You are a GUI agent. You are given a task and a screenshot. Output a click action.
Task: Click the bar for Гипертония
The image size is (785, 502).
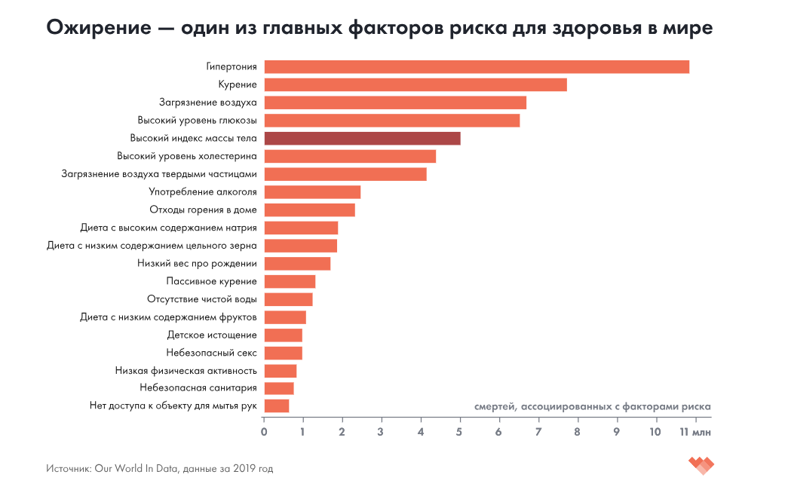[477, 67]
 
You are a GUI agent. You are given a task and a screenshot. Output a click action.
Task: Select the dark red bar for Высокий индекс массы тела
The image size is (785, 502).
[362, 139]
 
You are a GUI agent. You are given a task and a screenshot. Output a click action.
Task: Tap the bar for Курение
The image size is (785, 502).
[415, 85]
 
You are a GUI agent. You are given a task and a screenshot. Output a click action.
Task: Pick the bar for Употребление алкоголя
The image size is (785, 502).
[312, 192]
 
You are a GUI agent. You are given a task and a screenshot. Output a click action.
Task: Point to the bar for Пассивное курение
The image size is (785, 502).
[290, 282]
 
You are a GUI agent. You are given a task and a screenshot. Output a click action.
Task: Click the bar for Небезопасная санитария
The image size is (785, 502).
[279, 388]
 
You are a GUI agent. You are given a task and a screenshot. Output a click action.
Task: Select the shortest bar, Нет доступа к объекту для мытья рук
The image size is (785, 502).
[277, 406]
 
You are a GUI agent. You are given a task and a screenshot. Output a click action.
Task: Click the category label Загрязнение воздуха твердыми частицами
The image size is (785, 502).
[159, 174]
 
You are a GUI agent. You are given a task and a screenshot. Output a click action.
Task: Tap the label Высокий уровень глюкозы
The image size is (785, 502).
[197, 121]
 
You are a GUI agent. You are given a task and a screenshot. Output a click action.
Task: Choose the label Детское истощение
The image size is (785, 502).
[212, 335]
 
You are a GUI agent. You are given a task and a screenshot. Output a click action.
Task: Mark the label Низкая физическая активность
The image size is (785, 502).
[186, 371]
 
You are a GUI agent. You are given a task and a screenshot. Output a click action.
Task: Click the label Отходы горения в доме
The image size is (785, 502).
[203, 210]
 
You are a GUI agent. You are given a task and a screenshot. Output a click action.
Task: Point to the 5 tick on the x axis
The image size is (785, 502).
[459, 433]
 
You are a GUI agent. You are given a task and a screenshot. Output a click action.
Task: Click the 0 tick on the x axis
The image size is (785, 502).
[264, 433]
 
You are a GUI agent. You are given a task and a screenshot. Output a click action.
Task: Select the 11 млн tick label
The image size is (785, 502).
[695, 433]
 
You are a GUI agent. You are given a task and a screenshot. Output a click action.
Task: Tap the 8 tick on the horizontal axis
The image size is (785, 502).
[577, 433]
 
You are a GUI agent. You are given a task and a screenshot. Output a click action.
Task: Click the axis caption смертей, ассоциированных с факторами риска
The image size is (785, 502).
[592, 406]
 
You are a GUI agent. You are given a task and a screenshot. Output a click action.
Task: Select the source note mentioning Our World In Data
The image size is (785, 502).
[159, 469]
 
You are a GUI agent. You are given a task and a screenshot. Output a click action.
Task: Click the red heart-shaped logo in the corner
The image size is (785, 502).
[701, 466]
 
